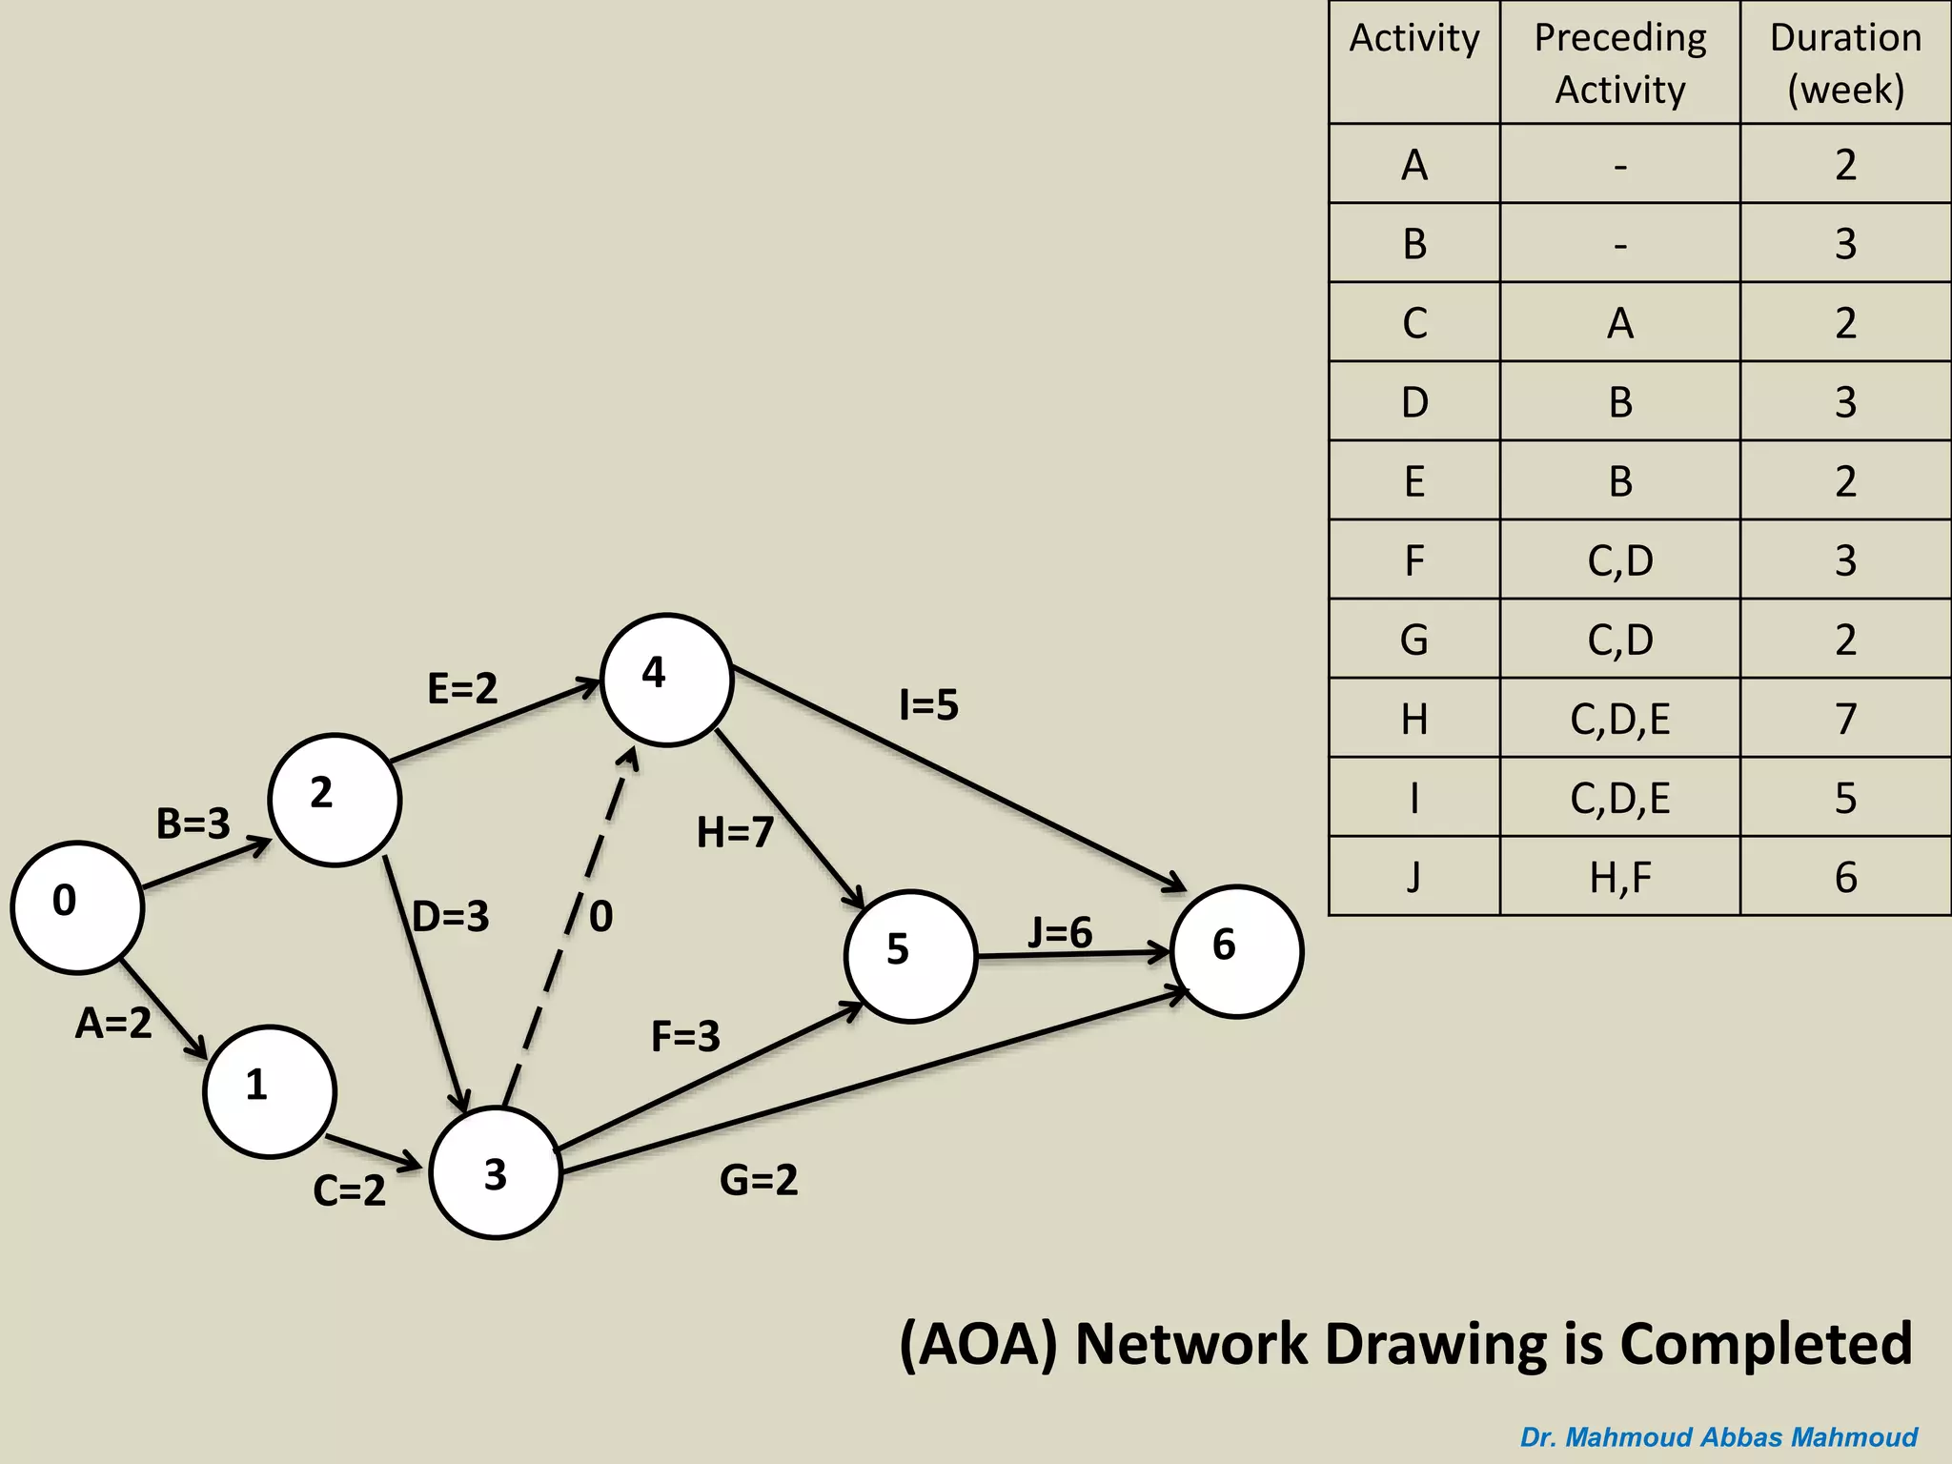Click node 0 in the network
coord(77,906)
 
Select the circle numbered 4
coord(666,680)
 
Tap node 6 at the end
coord(1236,951)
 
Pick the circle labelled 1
coord(270,1091)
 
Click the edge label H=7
coord(735,833)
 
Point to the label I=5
coord(928,705)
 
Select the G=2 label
coord(759,1180)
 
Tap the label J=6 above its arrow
coord(1060,932)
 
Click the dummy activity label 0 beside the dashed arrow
coord(600,917)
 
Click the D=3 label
coord(451,917)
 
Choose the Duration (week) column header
coord(1845,63)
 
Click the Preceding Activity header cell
coord(1620,63)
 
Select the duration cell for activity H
coord(1845,719)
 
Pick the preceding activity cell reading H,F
coord(1620,877)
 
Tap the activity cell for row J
coord(1414,877)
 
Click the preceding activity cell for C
coord(1620,323)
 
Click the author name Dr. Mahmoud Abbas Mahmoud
coord(1718,1436)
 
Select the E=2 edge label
coord(462,688)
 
